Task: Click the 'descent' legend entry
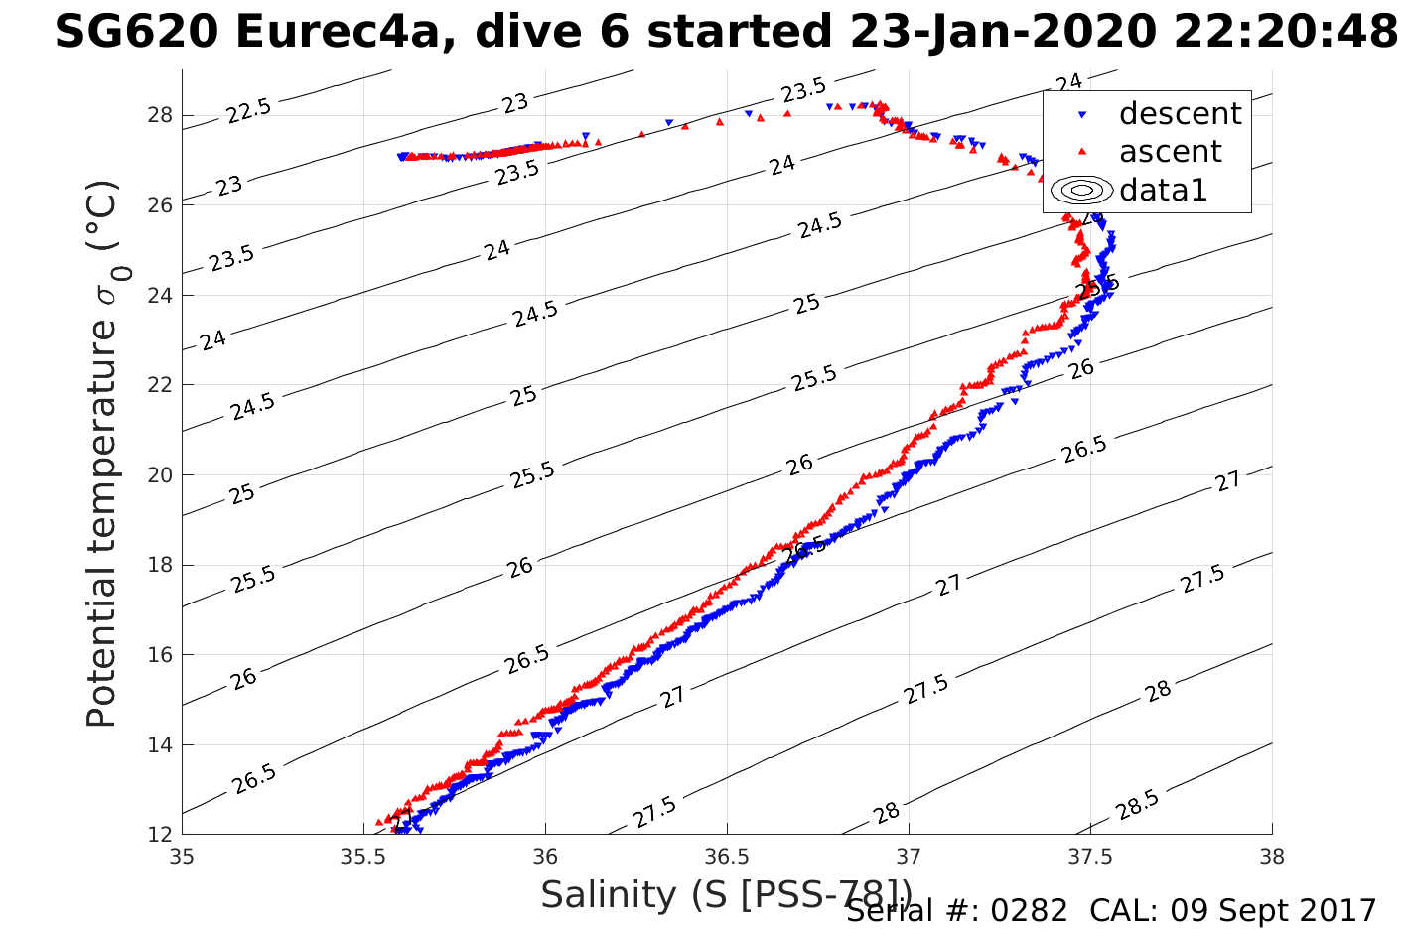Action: pyautogui.click(x=1180, y=114)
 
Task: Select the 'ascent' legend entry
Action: pyautogui.click(x=1170, y=152)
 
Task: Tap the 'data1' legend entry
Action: pyautogui.click(x=1163, y=190)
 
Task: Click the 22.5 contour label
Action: pyautogui.click(x=248, y=110)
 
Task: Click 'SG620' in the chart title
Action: pyautogui.click(x=136, y=33)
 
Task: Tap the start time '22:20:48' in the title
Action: pyautogui.click(x=1286, y=33)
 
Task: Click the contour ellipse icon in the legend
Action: pyautogui.click(x=1081, y=190)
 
